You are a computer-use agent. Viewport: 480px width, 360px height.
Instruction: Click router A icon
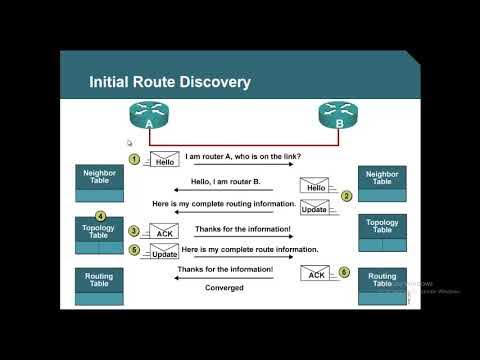(147, 118)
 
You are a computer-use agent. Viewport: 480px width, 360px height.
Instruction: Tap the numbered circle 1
(132, 158)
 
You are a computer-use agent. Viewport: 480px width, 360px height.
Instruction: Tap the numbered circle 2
(345, 196)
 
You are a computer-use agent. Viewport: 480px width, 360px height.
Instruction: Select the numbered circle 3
(133, 230)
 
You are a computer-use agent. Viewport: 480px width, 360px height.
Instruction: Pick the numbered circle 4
(101, 216)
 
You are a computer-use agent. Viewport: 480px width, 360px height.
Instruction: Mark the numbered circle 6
(345, 271)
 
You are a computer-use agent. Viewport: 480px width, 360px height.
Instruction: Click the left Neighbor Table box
(101, 181)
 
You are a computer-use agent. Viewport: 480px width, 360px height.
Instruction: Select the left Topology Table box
(101, 233)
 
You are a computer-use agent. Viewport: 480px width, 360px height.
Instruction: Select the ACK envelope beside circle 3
(163, 232)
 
